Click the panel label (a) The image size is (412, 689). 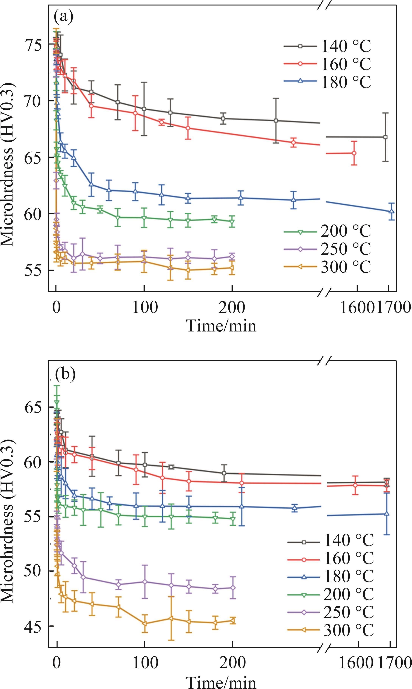[x=64, y=17]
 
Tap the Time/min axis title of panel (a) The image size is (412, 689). [x=221, y=326]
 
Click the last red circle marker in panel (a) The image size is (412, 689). [x=354, y=153]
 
